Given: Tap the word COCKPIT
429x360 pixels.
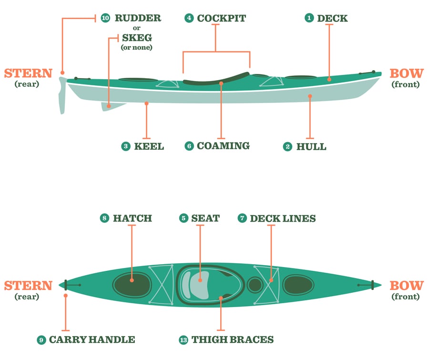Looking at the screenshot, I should [221, 18].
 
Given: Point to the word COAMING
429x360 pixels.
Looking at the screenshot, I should [223, 146].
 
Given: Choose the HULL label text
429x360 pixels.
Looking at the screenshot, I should [311, 146].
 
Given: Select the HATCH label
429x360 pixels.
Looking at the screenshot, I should [132, 218].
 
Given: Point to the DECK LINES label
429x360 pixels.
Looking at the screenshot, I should [283, 218].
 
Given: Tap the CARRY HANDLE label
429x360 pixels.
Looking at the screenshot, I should [92, 340].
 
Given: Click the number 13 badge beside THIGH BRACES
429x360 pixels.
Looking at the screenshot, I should [184, 340].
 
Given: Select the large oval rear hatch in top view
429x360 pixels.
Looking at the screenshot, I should [132, 285].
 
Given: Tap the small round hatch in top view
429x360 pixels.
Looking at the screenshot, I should [255, 285].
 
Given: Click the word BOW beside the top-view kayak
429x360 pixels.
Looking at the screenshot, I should [406, 286].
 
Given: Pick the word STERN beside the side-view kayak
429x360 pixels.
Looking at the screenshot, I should [28, 73].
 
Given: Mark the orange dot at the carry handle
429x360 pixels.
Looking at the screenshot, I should [65, 296].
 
